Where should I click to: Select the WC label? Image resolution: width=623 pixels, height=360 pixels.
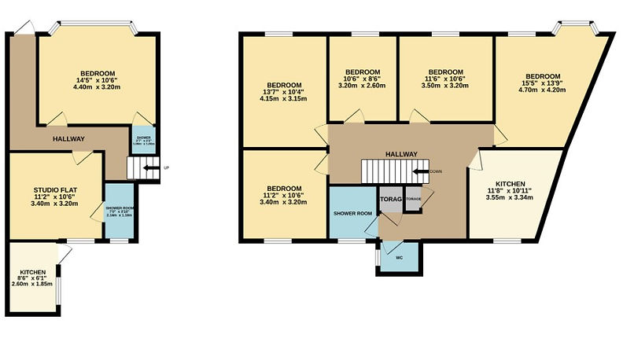click(399, 256)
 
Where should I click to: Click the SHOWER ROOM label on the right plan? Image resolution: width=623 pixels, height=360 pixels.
click(352, 212)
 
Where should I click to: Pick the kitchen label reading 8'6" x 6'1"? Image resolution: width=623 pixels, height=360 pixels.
click(32, 277)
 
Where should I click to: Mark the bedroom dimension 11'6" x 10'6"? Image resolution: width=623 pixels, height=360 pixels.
click(444, 79)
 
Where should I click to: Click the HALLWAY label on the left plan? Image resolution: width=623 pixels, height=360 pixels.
click(68, 139)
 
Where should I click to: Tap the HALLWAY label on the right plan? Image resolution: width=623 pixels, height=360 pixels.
click(401, 154)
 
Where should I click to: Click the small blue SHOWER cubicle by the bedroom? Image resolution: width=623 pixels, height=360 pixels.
click(143, 139)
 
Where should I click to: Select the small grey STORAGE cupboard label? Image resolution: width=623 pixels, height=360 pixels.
click(413, 199)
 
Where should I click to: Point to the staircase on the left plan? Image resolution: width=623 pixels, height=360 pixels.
click(138, 167)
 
